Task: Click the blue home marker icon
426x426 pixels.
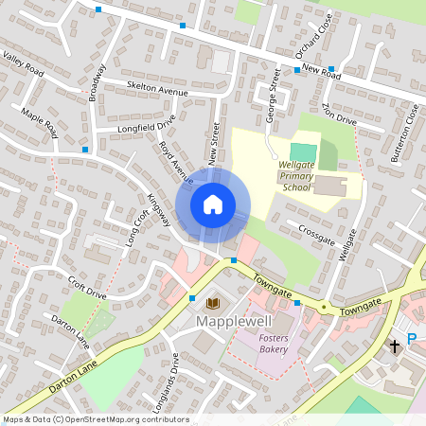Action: (x=212, y=204)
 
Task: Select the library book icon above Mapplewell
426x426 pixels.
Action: (x=212, y=303)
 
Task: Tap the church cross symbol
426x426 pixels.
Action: (x=395, y=346)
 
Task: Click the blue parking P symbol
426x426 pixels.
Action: (x=412, y=339)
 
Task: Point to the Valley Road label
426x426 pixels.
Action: (x=24, y=65)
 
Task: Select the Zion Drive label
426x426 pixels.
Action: (x=339, y=115)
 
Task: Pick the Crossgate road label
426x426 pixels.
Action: (x=316, y=230)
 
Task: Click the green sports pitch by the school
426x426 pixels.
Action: (x=302, y=151)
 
